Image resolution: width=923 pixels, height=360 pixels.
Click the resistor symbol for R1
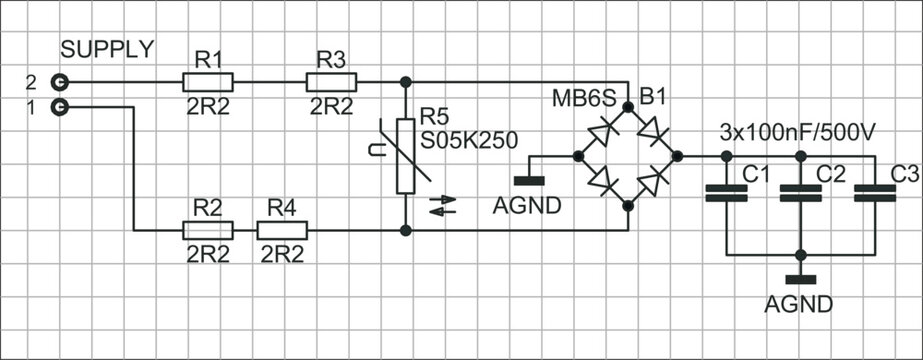coord(208,81)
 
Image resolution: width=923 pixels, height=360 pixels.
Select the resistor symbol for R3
coord(331,81)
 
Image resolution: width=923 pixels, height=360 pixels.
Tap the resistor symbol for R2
coord(208,230)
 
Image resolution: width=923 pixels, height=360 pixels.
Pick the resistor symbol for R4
coord(282,230)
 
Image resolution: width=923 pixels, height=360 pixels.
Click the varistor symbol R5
coord(405,155)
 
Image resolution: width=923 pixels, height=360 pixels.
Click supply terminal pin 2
coord(61,81)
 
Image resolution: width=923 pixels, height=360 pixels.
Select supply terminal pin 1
coord(61,106)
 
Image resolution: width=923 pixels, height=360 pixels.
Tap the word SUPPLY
coord(108,49)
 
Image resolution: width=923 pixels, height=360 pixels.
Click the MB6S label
coord(582,98)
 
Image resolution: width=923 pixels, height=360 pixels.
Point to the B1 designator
coord(652,97)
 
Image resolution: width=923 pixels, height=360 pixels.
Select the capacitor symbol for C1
coord(726,192)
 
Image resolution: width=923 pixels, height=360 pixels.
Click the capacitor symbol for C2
coord(799,192)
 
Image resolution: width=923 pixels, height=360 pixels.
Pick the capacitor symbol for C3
coord(875,192)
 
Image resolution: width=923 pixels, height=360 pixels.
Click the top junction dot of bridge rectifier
coord(627,106)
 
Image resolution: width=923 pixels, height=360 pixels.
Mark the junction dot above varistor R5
coord(405,81)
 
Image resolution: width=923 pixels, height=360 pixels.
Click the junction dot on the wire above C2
coord(799,156)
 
